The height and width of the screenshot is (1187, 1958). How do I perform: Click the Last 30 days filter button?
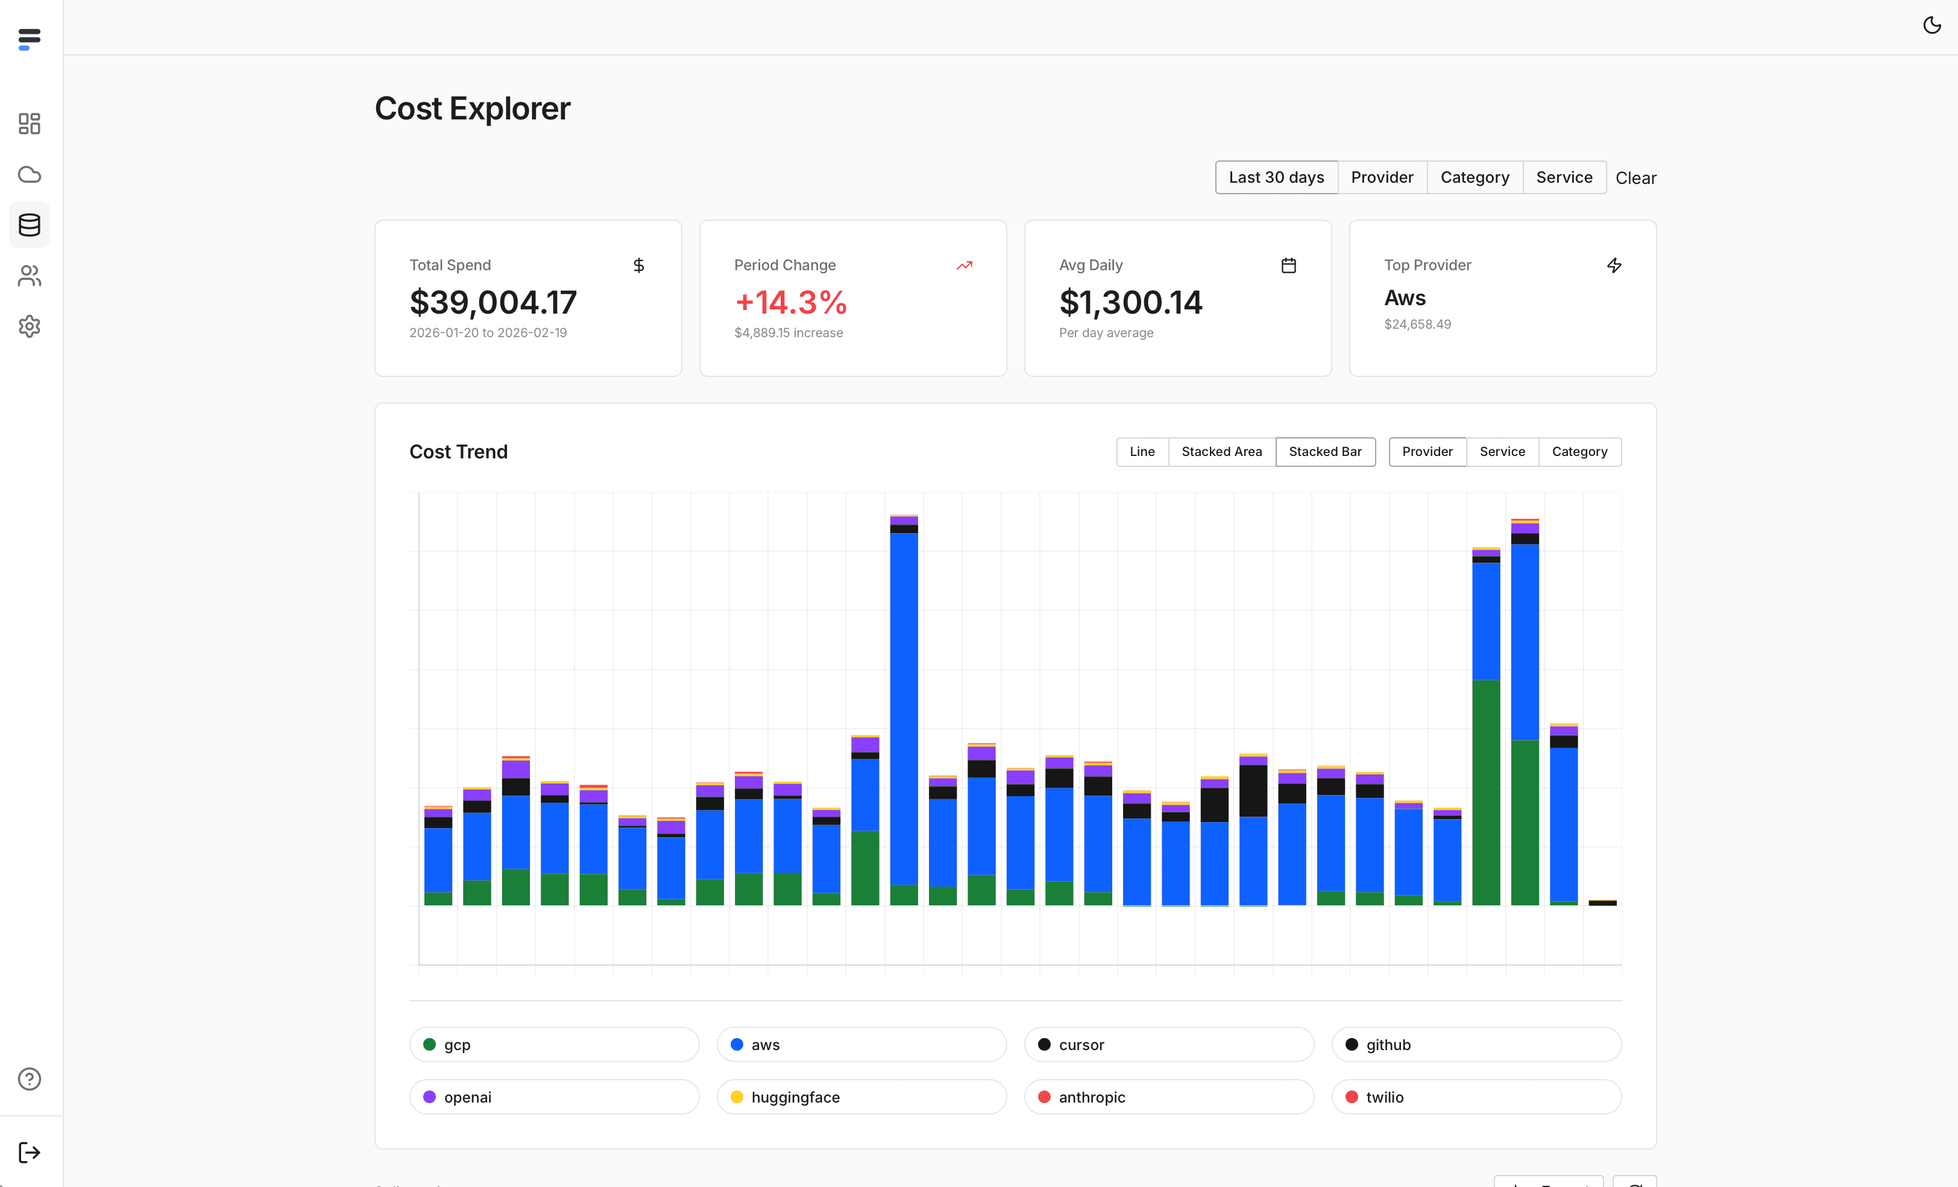coord(1276,177)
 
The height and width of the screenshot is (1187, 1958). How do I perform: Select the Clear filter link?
coord(1635,178)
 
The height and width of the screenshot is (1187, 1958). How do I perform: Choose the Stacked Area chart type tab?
coord(1221,452)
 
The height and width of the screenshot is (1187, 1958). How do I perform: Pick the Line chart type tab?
coord(1141,452)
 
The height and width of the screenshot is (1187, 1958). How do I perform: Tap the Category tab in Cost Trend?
coord(1579,452)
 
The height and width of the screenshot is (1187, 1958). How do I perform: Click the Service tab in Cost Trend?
coord(1501,452)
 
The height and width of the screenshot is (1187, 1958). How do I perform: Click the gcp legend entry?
coord(554,1044)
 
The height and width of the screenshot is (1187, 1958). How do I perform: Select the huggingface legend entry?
coord(861,1097)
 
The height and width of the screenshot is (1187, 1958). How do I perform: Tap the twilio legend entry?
coord(1476,1097)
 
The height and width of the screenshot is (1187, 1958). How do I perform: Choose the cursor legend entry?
coord(1168,1044)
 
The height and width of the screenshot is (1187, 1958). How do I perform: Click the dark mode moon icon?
coord(1931,25)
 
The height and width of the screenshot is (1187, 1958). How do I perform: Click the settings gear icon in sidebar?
coord(30,326)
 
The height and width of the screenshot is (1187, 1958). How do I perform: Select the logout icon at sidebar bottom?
coord(30,1152)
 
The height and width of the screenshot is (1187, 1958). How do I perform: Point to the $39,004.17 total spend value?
coord(493,302)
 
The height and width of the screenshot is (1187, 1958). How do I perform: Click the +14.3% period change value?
coord(791,302)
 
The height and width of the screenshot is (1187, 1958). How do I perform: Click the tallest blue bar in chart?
coord(904,707)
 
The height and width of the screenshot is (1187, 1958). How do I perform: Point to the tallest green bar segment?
coord(1485,792)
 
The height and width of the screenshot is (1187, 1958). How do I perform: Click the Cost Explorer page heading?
coord(472,108)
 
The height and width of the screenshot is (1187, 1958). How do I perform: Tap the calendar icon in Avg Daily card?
coord(1288,265)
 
